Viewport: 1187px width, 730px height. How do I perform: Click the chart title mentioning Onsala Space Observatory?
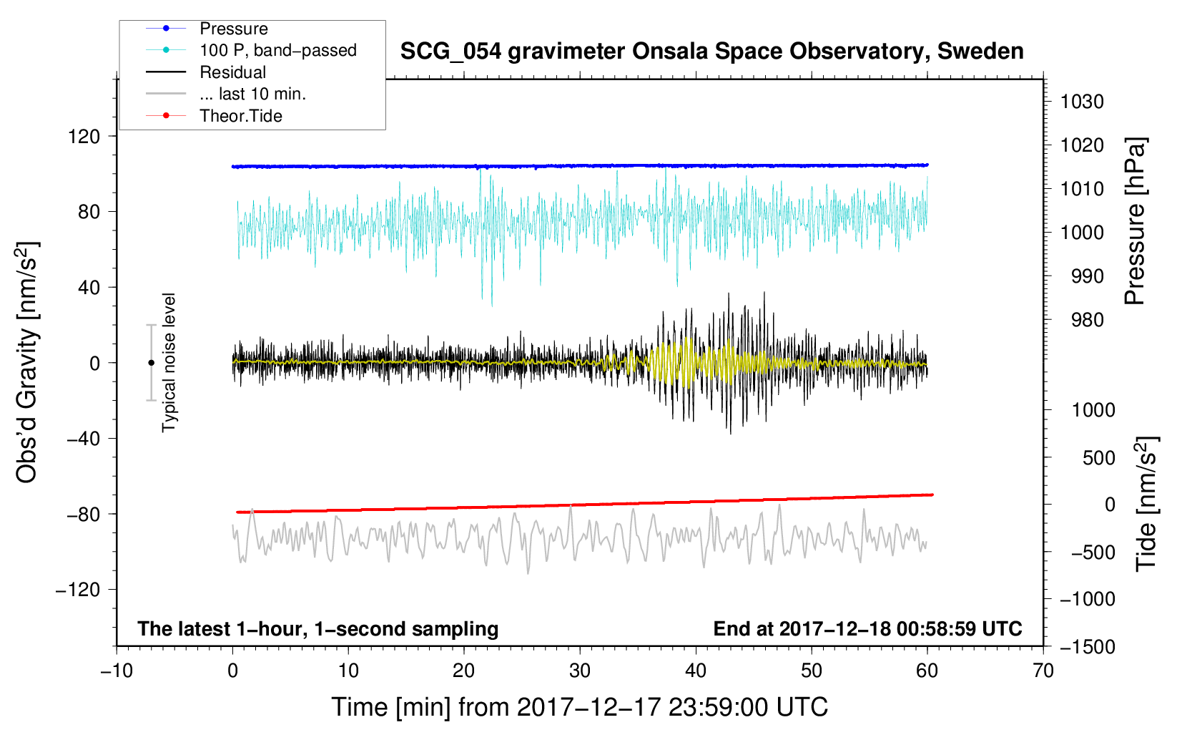tap(711, 52)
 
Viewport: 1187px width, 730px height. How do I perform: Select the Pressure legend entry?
tap(233, 29)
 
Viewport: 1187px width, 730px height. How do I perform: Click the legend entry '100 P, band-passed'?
tap(277, 50)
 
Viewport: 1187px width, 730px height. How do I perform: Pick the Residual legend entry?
tap(232, 72)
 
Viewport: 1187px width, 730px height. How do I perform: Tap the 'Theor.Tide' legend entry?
tap(240, 116)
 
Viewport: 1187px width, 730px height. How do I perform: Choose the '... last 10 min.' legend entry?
tap(252, 94)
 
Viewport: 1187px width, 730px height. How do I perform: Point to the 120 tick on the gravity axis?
tap(84, 136)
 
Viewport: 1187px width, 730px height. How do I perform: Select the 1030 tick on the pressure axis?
tap(1082, 102)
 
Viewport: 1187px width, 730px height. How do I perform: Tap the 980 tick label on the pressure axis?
tap(1087, 320)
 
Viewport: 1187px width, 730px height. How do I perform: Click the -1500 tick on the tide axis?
tap(1087, 646)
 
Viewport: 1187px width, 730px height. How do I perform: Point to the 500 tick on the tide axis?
tap(1098, 457)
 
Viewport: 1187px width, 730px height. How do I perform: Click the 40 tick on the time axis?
tap(696, 671)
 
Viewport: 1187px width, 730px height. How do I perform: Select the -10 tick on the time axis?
tap(117, 671)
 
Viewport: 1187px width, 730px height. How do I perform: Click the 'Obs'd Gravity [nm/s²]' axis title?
tap(26, 363)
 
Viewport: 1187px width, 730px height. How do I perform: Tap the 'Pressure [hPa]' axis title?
tap(1135, 222)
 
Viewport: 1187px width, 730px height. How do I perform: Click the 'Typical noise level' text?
tap(169, 363)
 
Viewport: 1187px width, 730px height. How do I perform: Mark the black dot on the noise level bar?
tap(151, 363)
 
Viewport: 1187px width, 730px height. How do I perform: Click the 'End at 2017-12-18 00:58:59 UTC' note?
tap(867, 628)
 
